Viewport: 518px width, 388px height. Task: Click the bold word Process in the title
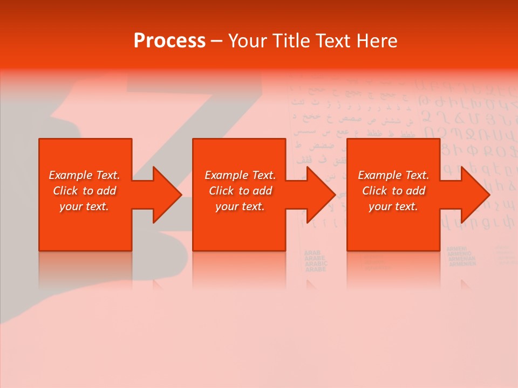pyautogui.click(x=169, y=41)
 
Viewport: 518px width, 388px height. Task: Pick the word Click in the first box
pyautogui.click(x=66, y=191)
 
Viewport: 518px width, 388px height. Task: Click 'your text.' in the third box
pyautogui.click(x=393, y=206)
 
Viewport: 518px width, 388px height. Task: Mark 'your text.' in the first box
pyautogui.click(x=84, y=206)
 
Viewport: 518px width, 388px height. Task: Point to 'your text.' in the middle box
pyautogui.click(x=240, y=206)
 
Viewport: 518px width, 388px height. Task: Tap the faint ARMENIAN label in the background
pyautogui.click(x=461, y=257)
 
